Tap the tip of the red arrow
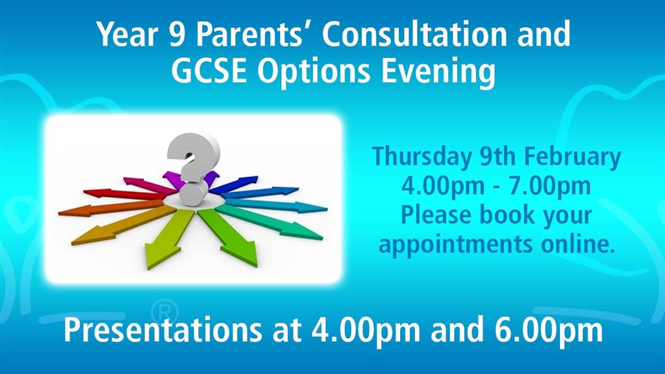88,193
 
